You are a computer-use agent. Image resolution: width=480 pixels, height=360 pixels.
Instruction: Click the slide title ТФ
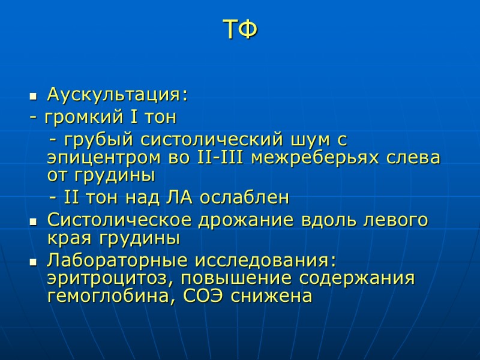coord(240,30)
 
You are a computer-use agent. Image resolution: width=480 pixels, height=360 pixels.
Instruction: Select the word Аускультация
coord(115,95)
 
